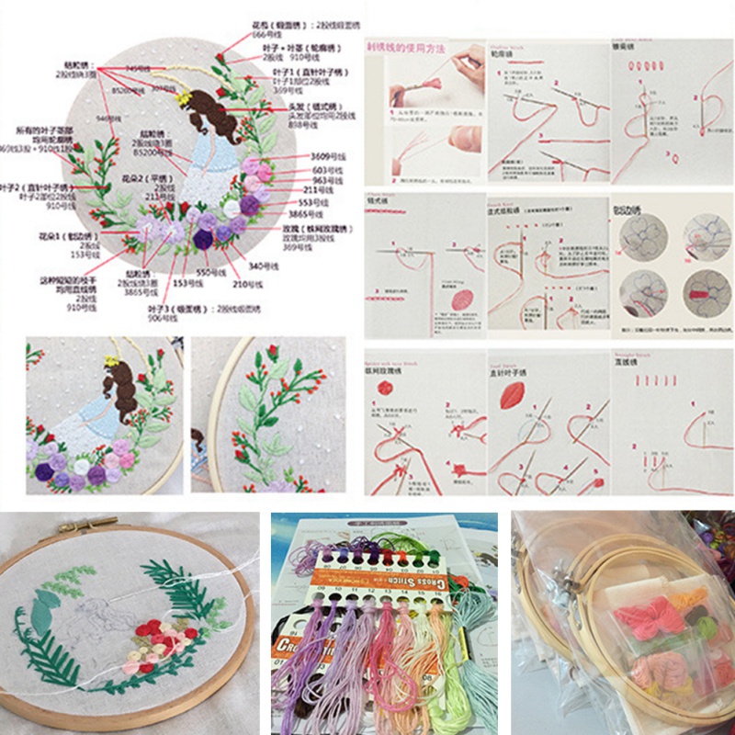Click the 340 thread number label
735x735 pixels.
[262, 265]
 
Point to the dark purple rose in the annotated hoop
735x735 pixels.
[203, 239]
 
